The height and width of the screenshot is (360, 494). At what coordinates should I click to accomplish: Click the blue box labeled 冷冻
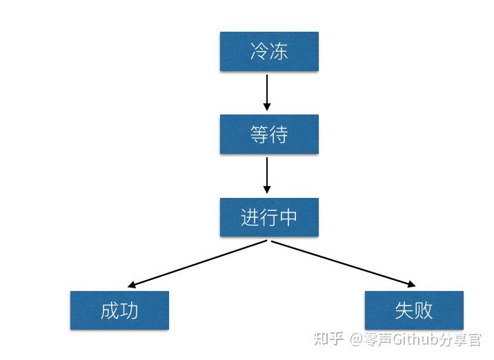click(269, 52)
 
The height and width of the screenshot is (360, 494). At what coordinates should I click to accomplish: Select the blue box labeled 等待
click(269, 134)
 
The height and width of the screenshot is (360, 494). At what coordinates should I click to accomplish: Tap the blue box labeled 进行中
click(269, 217)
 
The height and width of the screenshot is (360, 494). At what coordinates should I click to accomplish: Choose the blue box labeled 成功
click(119, 310)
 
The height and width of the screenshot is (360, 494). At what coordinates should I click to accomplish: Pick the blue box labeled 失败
click(414, 310)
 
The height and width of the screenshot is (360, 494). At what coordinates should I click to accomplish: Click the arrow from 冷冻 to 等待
click(267, 91)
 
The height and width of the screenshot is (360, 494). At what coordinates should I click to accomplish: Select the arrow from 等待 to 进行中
click(267, 174)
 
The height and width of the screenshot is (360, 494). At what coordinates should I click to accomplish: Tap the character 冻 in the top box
click(279, 52)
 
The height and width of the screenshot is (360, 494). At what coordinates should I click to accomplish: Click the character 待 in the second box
click(279, 134)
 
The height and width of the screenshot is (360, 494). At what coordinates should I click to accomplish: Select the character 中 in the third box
click(288, 217)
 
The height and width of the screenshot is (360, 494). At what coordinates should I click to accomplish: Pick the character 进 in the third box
click(250, 217)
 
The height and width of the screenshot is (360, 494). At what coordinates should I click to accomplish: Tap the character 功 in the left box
click(129, 310)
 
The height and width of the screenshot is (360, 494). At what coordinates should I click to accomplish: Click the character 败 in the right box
click(424, 310)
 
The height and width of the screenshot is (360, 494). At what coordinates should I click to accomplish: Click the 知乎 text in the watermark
click(328, 339)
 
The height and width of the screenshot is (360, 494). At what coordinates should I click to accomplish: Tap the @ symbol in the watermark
click(356, 339)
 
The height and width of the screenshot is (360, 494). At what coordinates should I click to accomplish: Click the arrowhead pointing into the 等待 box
click(267, 107)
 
